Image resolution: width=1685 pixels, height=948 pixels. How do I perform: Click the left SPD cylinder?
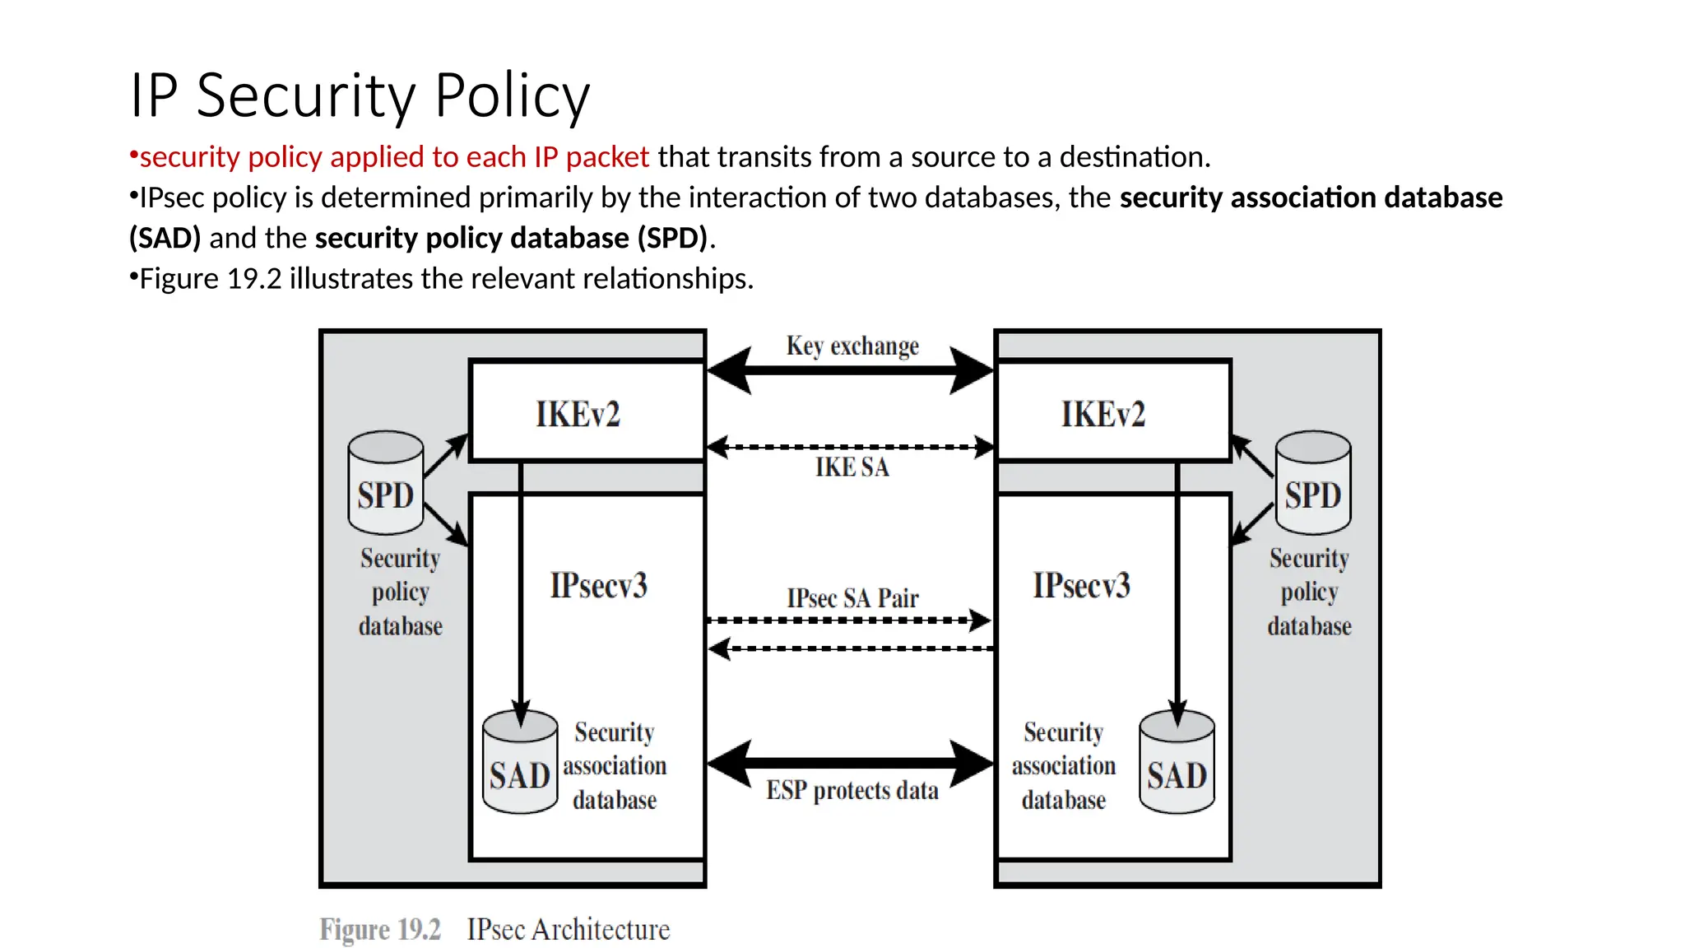385,484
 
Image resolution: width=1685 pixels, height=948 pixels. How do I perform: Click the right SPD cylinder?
1312,484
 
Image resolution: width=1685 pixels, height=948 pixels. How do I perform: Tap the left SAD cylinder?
519,764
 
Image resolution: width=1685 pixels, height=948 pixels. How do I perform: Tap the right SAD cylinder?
1177,764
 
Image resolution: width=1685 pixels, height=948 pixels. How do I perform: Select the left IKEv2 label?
578,414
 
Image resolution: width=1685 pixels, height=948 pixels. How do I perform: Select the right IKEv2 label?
1102,414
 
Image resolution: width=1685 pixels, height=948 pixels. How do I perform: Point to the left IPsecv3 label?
598,585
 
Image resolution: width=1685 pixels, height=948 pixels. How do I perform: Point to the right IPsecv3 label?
1081,585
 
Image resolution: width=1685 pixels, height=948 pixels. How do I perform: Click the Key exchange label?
852,346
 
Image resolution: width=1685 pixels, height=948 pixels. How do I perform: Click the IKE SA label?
852,467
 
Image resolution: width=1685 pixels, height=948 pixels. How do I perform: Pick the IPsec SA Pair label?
852,597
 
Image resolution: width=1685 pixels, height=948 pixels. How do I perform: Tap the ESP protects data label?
852,790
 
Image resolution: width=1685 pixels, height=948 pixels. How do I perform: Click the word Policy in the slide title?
512,95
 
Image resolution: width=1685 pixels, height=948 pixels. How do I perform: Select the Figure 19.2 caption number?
380,929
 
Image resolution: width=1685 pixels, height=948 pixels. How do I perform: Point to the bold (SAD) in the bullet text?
165,238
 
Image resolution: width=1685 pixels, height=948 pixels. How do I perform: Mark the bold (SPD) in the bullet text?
672,238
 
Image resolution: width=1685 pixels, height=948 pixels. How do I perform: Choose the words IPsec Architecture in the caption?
568,929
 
